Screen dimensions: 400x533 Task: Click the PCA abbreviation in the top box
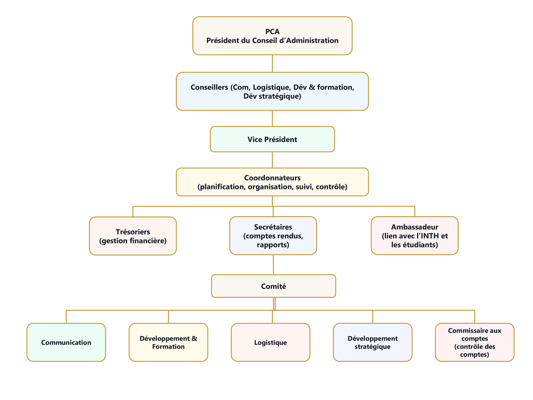click(272, 32)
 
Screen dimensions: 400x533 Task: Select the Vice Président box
click(272, 139)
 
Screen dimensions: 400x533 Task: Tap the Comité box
click(273, 286)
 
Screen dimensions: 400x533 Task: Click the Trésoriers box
click(133, 236)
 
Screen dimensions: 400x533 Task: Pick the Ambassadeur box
click(414, 236)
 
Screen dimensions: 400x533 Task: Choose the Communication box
click(66, 342)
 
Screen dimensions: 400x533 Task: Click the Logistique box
click(270, 342)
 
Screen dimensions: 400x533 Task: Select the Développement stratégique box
click(373, 342)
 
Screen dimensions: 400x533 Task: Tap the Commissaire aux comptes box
click(474, 342)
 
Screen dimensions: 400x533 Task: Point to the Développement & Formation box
click(168, 342)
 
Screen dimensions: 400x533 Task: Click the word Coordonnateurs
click(272, 178)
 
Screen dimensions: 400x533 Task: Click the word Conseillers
click(209, 87)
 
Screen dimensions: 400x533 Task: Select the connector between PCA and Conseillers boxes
click(272, 64)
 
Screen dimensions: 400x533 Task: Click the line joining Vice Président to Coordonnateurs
click(272, 160)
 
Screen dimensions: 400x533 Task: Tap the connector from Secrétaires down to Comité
click(273, 264)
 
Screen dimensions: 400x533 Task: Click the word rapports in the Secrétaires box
click(273, 245)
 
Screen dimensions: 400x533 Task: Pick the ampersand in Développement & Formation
click(194, 338)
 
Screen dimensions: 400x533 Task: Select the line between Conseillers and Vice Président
click(272, 118)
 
